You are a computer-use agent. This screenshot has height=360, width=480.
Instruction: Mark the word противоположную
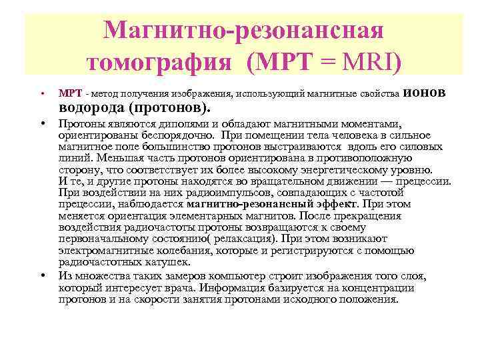(361, 158)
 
